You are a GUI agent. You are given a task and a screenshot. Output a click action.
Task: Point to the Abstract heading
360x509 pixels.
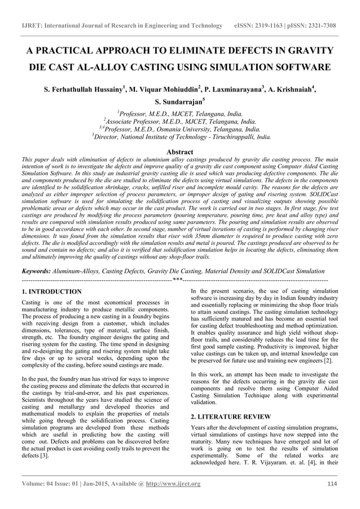pos(180,152)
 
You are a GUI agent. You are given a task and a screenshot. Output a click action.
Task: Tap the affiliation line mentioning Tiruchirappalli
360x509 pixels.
pos(180,137)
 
